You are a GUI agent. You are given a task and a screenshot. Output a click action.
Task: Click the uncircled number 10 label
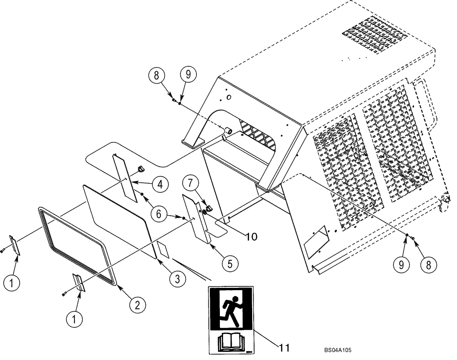(x=251, y=237)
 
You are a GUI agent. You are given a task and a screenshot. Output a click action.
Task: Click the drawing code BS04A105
(x=338, y=350)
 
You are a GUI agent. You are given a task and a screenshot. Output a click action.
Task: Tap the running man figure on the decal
(x=231, y=311)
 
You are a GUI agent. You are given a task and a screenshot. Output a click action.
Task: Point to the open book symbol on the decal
(x=230, y=342)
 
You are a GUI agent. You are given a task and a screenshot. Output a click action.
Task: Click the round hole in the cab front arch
(x=229, y=97)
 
